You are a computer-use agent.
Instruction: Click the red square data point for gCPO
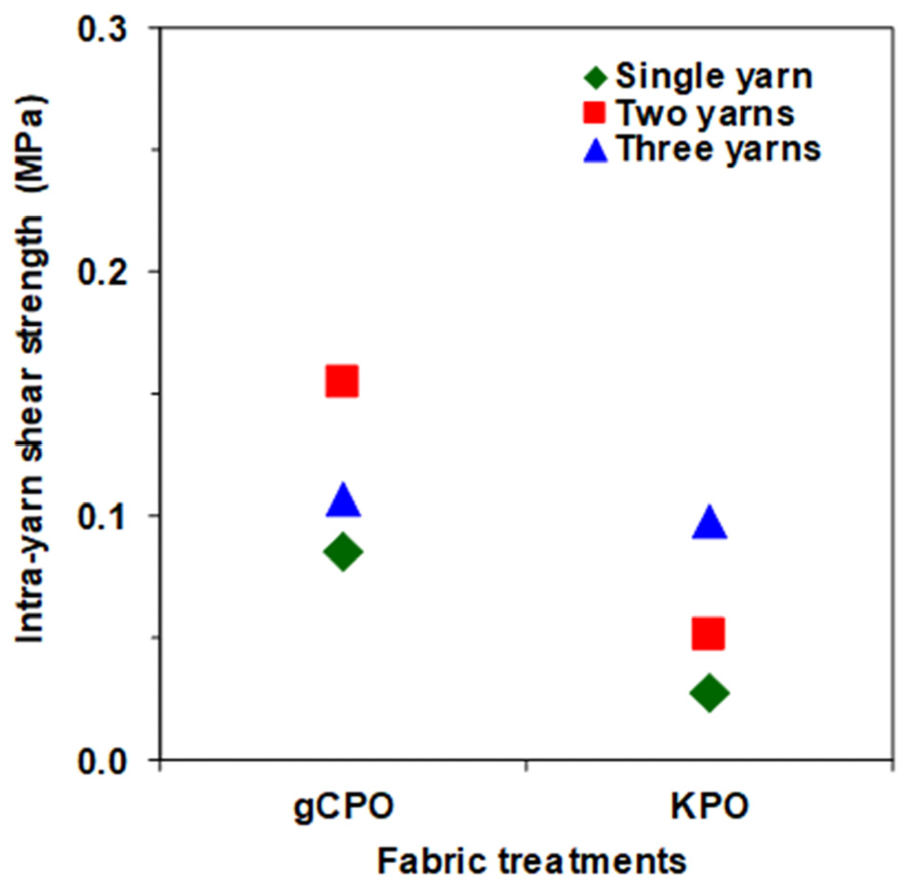pyautogui.click(x=342, y=381)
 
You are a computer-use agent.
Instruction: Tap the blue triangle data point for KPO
pyautogui.click(x=709, y=523)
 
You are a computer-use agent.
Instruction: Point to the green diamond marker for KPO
pyautogui.click(x=709, y=693)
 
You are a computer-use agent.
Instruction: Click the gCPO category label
pyautogui.click(x=344, y=806)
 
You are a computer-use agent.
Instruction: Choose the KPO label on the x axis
pyautogui.click(x=709, y=806)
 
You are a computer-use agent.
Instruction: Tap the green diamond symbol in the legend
pyautogui.click(x=596, y=77)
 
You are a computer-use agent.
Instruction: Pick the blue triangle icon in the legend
pyautogui.click(x=596, y=150)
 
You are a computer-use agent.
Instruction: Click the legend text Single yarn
pyautogui.click(x=714, y=77)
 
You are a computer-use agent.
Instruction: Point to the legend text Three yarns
pyautogui.click(x=719, y=149)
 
